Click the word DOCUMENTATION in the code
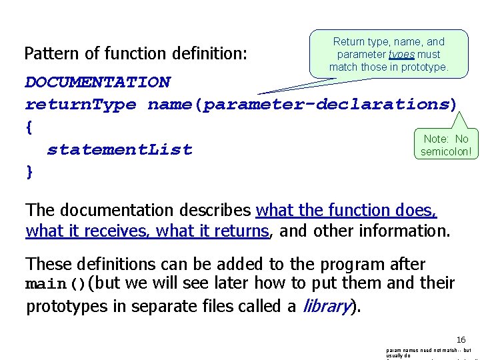(97, 82)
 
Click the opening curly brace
(29, 127)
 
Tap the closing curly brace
(29, 171)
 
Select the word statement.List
(119, 149)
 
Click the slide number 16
(461, 339)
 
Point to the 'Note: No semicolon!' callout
(446, 145)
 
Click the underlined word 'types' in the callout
(398, 55)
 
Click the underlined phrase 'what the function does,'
(346, 211)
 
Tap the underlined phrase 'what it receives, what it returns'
(147, 232)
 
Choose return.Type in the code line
(81, 105)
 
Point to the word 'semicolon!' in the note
(446, 152)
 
